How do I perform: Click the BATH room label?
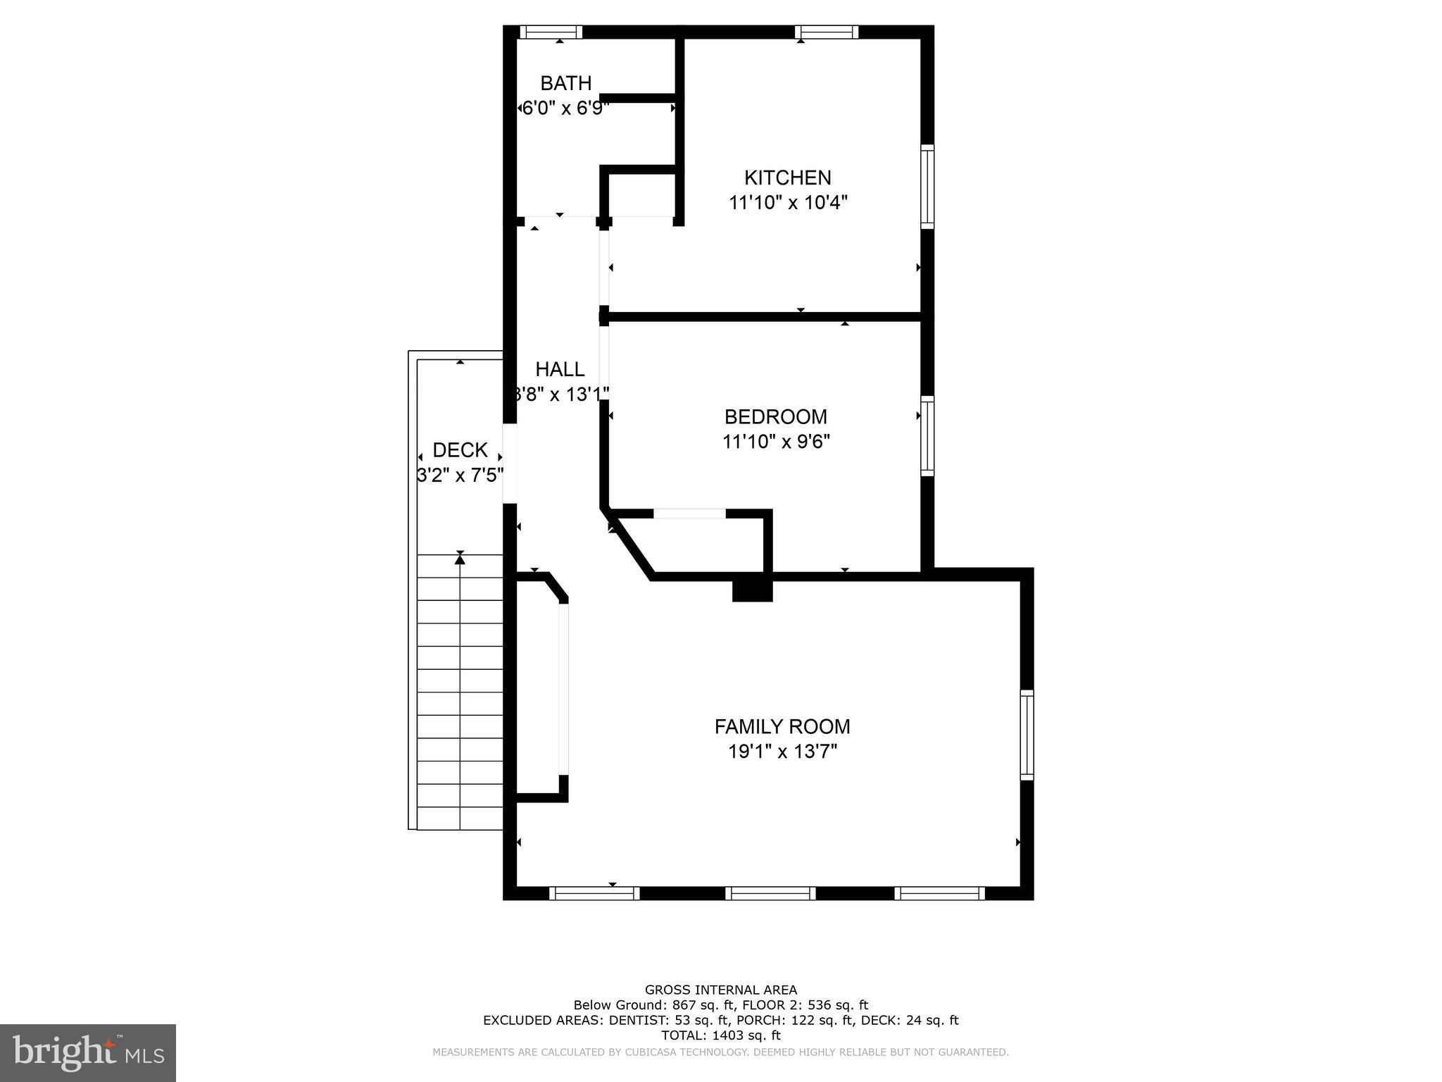(x=565, y=83)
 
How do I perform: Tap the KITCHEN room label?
(x=788, y=178)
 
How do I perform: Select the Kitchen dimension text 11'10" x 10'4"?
(x=788, y=203)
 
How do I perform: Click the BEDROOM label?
(x=775, y=417)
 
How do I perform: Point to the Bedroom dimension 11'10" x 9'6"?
(x=776, y=442)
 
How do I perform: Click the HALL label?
(x=560, y=369)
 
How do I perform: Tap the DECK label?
(x=460, y=450)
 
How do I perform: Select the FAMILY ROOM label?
(x=782, y=726)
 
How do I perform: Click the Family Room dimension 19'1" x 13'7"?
(x=782, y=752)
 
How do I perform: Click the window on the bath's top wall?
(x=551, y=32)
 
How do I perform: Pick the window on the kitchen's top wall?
(x=827, y=32)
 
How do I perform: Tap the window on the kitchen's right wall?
(x=928, y=187)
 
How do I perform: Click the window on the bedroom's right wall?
(x=928, y=436)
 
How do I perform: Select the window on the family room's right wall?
(x=1027, y=735)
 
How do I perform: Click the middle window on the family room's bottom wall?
(x=771, y=893)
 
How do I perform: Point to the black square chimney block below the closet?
(x=752, y=590)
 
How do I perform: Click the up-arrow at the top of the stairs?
(x=460, y=558)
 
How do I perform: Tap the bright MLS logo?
(x=88, y=1052)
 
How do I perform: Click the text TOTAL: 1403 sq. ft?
(x=720, y=1035)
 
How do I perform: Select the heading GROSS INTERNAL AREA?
(x=720, y=990)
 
